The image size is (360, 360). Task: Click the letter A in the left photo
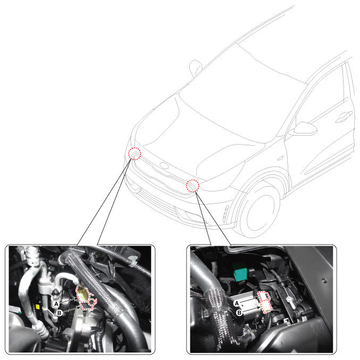(56, 304)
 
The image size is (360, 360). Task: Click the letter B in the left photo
(60, 313)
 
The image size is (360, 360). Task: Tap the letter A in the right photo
(237, 304)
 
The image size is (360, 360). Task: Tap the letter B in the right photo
(239, 313)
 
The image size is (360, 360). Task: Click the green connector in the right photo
(240, 274)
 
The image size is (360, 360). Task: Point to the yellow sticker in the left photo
(37, 306)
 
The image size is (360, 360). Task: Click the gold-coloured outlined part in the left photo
(82, 293)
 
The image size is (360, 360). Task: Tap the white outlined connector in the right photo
(265, 302)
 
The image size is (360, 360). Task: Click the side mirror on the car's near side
(304, 129)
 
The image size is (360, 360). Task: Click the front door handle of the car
(344, 117)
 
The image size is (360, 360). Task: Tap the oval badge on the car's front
(164, 165)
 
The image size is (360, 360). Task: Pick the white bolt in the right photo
(290, 300)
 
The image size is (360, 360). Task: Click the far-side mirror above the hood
(195, 68)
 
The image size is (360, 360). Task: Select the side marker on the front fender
(280, 158)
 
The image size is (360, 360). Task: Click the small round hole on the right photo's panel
(324, 280)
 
